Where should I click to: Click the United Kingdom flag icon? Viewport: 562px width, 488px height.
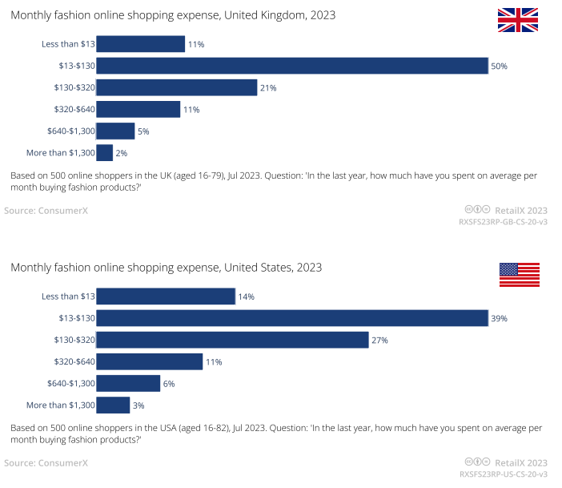[x=518, y=20]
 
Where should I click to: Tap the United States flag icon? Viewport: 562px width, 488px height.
[x=519, y=274]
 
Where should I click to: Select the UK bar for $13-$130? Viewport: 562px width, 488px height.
[x=292, y=66]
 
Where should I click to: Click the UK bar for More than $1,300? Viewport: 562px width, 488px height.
[x=105, y=152]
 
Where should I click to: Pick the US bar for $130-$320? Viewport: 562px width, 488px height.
[x=232, y=340]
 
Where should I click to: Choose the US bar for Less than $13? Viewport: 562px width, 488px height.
[x=166, y=296]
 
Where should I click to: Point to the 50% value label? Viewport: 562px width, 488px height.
[x=499, y=66]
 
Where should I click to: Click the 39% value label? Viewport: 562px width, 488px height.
[x=499, y=318]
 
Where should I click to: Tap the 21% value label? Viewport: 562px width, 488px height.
[x=267, y=87]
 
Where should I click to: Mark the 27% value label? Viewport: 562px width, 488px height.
[x=379, y=340]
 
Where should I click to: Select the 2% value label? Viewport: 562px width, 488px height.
[x=122, y=152]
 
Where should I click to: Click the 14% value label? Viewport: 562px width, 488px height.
[x=246, y=296]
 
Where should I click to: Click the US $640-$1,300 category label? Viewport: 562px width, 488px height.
[x=71, y=383]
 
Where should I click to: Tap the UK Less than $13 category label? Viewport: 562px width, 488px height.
[x=68, y=44]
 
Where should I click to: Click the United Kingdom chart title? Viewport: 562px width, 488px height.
[x=173, y=15]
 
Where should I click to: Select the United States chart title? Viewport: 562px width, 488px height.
[x=166, y=267]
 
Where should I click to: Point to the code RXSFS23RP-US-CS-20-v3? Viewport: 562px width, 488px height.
[x=502, y=475]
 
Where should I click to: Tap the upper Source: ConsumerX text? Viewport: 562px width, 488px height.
[x=46, y=211]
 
